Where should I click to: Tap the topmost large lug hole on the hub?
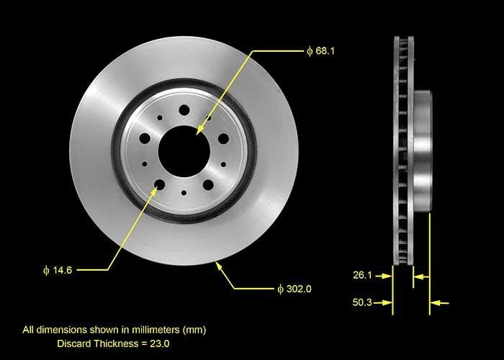coord(184,110)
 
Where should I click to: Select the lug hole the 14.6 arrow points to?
coord(159,184)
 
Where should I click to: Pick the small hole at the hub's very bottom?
coord(184,193)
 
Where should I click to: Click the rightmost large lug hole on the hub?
coord(223,138)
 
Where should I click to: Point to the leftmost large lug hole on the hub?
coord(145,138)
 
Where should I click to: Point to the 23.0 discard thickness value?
coord(158,344)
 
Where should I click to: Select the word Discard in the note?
coord(74,344)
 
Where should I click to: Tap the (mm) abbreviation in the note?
coord(194,330)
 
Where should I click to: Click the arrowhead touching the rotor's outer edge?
coord(219,266)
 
